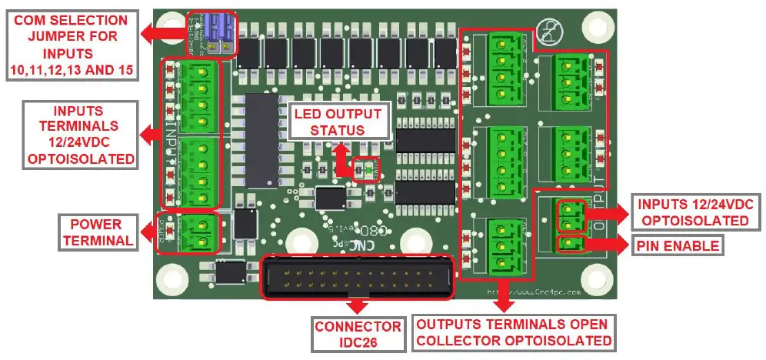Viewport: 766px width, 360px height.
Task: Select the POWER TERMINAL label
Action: coord(96,232)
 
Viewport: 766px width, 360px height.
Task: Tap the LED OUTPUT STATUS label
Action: coord(338,122)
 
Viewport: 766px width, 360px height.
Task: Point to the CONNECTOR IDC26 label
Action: coord(357,334)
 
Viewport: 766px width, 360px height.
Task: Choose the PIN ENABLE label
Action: coord(677,246)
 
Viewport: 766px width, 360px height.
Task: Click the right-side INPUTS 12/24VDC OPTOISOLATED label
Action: coord(689,212)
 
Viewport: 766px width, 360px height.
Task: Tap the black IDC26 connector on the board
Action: coord(357,278)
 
